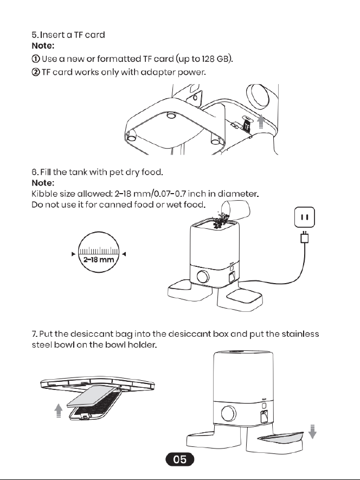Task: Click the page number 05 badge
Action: coord(180,459)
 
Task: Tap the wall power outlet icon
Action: coord(305,217)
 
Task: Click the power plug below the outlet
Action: coord(305,237)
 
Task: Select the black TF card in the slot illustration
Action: coord(247,125)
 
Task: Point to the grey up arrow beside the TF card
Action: coord(261,121)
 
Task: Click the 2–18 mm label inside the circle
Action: coord(99,260)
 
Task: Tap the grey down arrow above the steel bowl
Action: coord(312,432)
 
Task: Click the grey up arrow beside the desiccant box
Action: coord(58,411)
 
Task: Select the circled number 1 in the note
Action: coord(35,59)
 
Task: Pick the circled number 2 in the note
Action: coord(35,72)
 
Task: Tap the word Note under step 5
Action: coord(43,46)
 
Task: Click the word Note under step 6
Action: coord(43,183)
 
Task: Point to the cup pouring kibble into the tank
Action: coord(236,210)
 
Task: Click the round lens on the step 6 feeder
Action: coord(203,277)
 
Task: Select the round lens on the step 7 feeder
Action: coord(228,414)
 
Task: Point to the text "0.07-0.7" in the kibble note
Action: coord(170,194)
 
